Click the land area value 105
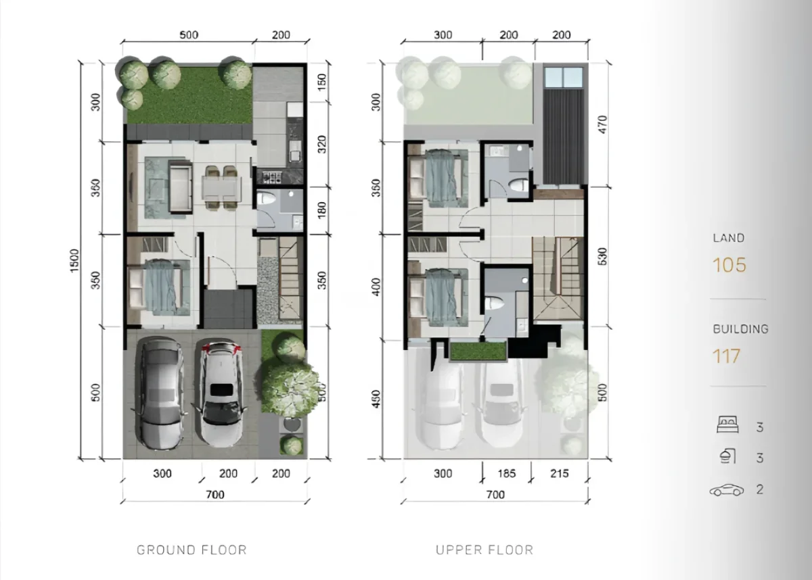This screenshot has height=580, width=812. (729, 265)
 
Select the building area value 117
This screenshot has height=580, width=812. (727, 356)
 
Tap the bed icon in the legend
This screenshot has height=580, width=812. (727, 427)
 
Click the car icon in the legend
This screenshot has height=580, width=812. (727, 489)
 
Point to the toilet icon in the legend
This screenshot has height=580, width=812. (727, 458)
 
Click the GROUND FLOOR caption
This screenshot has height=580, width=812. (191, 550)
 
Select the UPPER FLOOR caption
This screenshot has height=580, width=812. (484, 550)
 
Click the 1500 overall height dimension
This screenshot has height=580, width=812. (75, 262)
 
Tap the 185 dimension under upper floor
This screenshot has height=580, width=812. (506, 474)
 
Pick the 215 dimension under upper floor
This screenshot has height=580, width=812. (558, 474)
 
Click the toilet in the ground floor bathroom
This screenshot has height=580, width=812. (267, 201)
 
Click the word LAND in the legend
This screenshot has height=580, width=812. (728, 238)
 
